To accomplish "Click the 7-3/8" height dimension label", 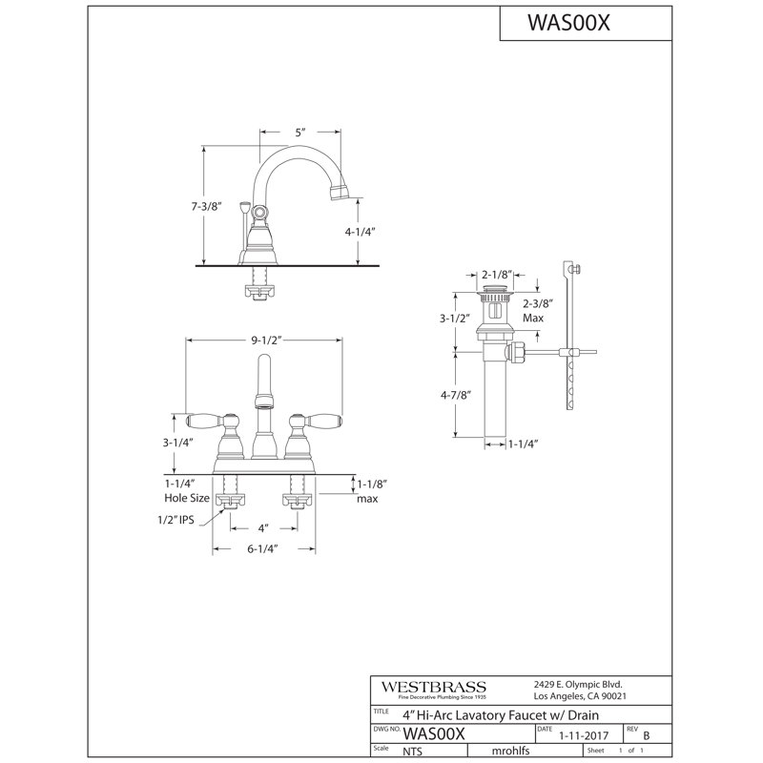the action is point(206,206).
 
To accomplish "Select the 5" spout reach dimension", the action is point(300,133).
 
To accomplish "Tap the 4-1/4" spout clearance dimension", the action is point(361,232).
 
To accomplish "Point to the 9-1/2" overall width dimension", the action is point(267,340).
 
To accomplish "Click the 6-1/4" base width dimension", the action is point(263,549).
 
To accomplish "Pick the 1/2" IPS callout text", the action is point(175,520).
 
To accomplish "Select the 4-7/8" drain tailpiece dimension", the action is point(457,395).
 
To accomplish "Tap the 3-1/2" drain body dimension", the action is point(455,319).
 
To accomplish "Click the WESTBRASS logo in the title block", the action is point(434,687).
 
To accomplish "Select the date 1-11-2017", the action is point(584,735).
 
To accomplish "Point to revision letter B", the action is point(647,735).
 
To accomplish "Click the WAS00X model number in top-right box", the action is point(568,22).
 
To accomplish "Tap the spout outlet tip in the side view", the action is point(340,193).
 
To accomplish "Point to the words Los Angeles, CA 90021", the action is point(580,696).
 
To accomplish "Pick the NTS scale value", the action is point(413,752).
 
